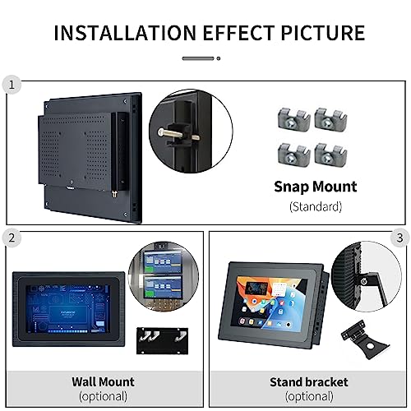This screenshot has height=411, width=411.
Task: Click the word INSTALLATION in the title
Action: click(x=125, y=33)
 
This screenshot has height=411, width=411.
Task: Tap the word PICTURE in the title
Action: click(x=323, y=33)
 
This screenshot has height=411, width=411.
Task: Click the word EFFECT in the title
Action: click(x=238, y=33)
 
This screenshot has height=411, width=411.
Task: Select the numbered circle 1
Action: click(x=12, y=85)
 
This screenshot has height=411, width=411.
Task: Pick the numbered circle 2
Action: click(x=12, y=238)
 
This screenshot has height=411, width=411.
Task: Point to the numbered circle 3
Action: click(x=399, y=238)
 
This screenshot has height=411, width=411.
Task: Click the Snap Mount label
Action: click(x=316, y=187)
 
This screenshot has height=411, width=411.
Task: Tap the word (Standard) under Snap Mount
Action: click(x=316, y=206)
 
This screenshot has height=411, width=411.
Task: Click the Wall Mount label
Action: click(x=103, y=381)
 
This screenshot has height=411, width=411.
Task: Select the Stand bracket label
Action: click(x=309, y=382)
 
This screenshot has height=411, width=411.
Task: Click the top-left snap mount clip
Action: click(x=293, y=119)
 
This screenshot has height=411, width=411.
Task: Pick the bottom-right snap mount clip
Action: click(x=331, y=154)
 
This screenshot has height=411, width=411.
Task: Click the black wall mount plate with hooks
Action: click(x=163, y=340)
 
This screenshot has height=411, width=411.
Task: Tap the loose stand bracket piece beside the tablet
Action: click(x=364, y=339)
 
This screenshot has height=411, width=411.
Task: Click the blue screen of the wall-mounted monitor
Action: click(x=68, y=309)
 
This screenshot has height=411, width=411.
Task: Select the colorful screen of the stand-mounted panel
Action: click(x=270, y=302)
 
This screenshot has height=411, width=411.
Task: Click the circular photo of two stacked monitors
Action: click(x=164, y=276)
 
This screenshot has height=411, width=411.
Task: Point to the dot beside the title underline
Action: click(x=219, y=58)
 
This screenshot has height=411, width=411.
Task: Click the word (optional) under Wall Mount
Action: click(x=103, y=396)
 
